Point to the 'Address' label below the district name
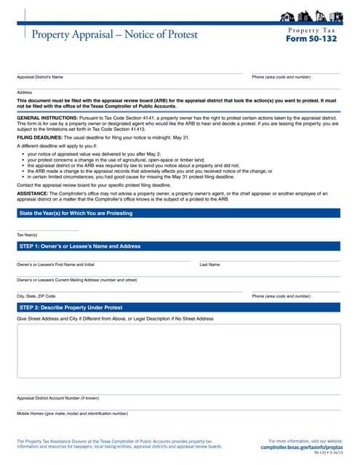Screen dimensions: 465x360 25,92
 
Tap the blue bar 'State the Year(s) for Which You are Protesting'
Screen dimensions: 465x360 76,213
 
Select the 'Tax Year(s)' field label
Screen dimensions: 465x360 27,234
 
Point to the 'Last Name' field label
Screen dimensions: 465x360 209,264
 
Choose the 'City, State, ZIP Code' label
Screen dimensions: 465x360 36,296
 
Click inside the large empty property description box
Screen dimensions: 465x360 179,351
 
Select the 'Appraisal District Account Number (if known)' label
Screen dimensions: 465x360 57,398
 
